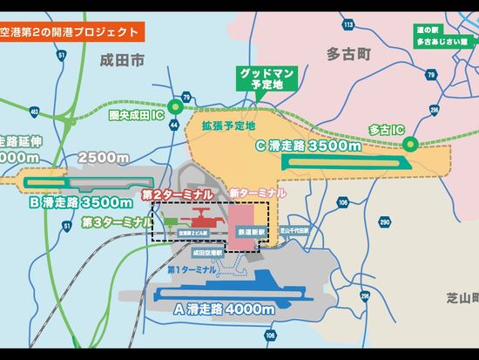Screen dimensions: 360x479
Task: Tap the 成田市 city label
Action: [x=120, y=60]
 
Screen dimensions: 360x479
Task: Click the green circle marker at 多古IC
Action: [x=415, y=146]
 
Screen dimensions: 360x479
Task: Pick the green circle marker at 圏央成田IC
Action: [x=174, y=108]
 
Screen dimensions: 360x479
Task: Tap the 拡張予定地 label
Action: [x=229, y=126]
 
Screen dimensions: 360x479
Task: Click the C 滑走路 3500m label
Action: [x=308, y=146]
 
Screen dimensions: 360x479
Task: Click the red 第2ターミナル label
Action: [x=177, y=194]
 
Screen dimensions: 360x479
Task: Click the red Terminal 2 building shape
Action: [x=199, y=219]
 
